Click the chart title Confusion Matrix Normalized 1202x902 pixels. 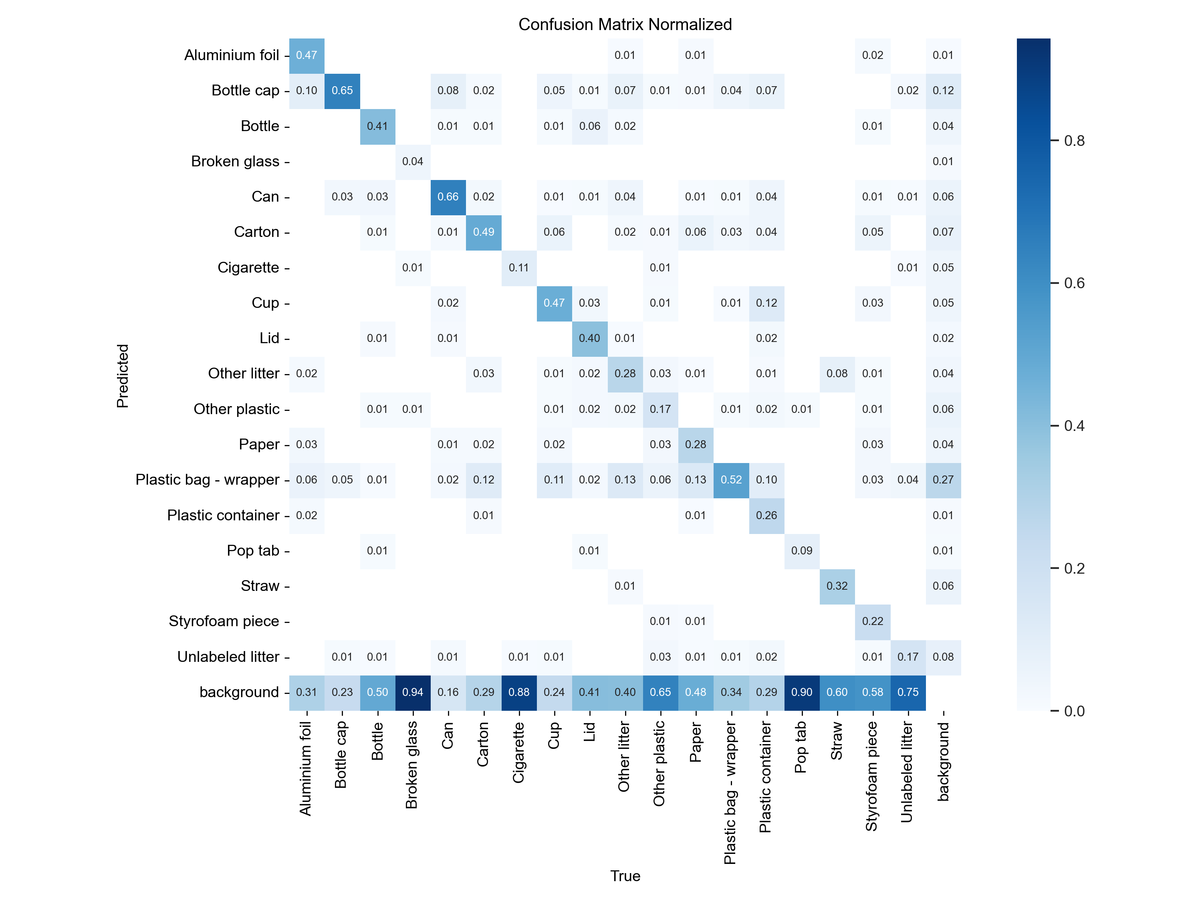click(625, 24)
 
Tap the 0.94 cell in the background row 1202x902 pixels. click(412, 692)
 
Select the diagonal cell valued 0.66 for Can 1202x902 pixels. click(448, 197)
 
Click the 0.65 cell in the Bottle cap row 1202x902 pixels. click(342, 91)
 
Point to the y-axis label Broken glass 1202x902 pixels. click(235, 162)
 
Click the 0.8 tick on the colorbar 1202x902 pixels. click(1074, 141)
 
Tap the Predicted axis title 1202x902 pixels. click(123, 376)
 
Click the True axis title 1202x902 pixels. click(625, 876)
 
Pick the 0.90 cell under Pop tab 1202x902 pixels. click(801, 692)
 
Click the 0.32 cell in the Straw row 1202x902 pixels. click(837, 586)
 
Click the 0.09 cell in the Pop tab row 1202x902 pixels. click(801, 551)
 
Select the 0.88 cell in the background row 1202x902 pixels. click(518, 692)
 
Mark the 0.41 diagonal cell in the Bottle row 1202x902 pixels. click(377, 126)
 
